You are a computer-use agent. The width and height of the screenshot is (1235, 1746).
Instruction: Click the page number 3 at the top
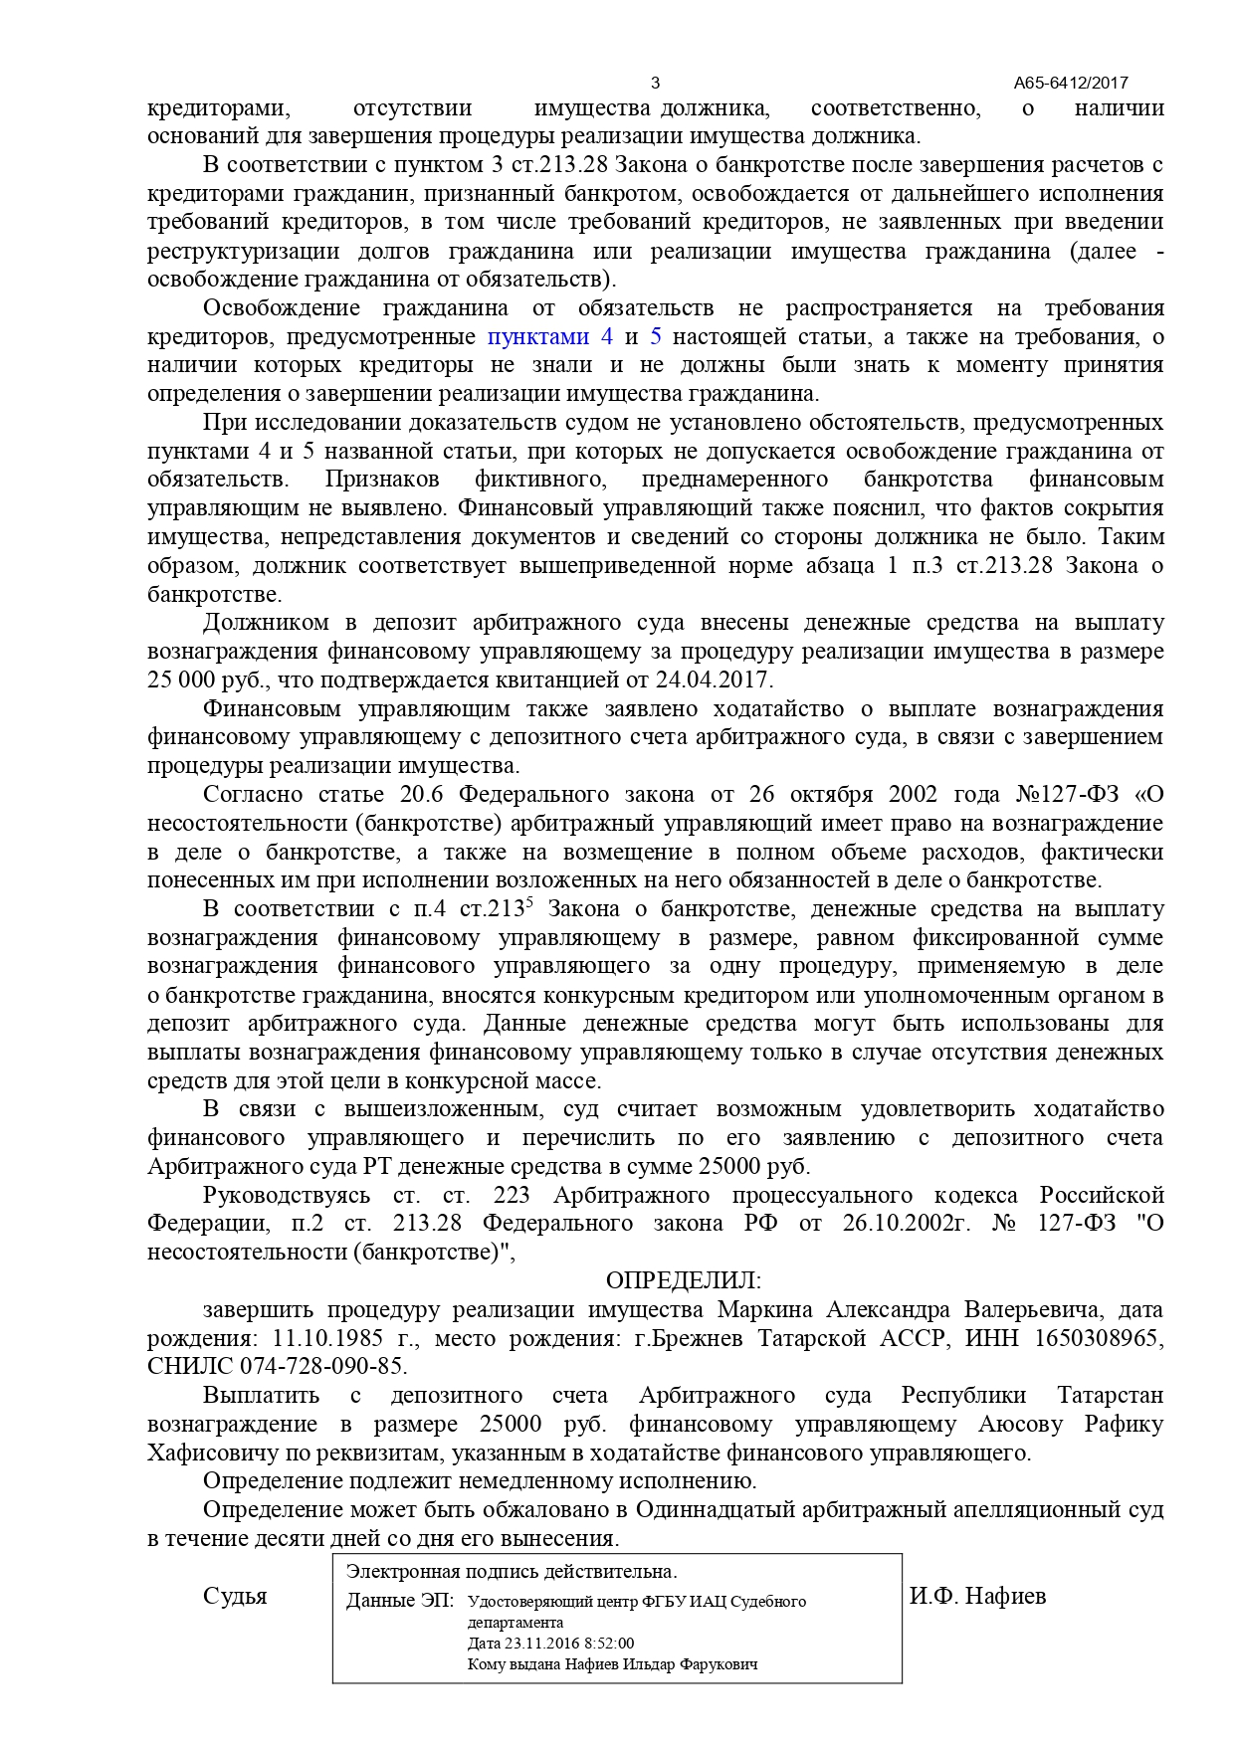tap(654, 83)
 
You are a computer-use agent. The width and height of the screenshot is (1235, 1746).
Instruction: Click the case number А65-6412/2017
tap(1071, 84)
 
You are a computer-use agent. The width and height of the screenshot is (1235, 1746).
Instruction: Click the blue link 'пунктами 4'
tap(549, 336)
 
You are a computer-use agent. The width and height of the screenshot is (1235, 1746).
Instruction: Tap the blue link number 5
tap(655, 336)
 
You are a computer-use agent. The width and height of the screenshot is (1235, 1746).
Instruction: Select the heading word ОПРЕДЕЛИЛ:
tap(683, 1280)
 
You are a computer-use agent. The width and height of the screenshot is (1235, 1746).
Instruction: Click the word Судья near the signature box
tap(235, 1597)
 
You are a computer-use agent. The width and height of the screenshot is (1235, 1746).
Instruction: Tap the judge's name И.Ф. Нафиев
tap(977, 1597)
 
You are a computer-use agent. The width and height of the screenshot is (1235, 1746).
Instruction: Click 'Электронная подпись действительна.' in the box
tap(511, 1572)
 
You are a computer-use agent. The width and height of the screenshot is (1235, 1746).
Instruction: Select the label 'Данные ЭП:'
tap(398, 1602)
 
